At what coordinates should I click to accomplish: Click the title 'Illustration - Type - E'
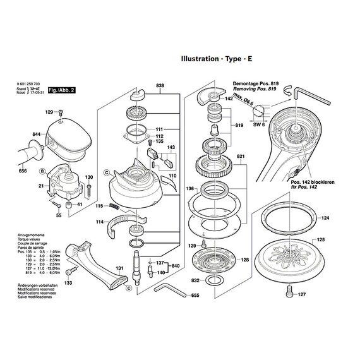pyautogui.click(x=217, y=59)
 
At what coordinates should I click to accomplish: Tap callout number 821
pyautogui.click(x=241, y=155)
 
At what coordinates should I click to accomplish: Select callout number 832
pyautogui.click(x=196, y=279)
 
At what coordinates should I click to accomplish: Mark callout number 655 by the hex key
pyautogui.click(x=195, y=295)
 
